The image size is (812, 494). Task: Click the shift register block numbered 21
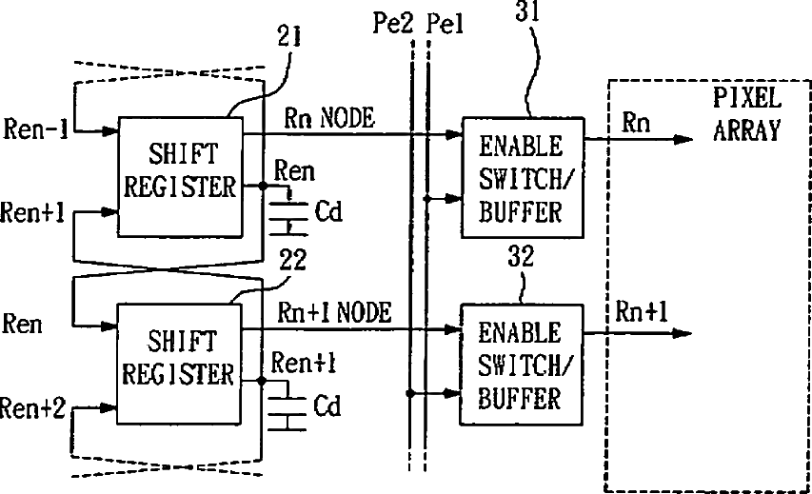(180, 177)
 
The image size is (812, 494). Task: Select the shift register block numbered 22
(179, 364)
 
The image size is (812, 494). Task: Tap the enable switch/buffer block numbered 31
(523, 178)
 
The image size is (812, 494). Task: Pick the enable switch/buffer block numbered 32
(522, 365)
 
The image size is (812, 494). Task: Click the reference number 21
(289, 36)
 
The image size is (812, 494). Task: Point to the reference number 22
(292, 260)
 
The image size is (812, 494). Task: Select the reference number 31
(527, 10)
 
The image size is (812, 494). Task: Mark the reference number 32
(521, 256)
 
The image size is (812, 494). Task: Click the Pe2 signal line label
(393, 23)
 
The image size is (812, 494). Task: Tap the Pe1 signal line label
(445, 24)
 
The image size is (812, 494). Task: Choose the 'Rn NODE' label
(329, 117)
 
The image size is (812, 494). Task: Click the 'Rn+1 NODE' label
(334, 312)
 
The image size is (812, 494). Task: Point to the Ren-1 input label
(36, 128)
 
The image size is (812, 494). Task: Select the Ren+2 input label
(32, 408)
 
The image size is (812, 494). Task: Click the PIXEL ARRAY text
(746, 114)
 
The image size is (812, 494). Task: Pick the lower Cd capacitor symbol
(287, 407)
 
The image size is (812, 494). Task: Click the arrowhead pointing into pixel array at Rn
(683, 139)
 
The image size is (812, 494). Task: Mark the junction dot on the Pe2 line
(410, 393)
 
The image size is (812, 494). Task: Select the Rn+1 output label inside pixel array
(641, 312)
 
